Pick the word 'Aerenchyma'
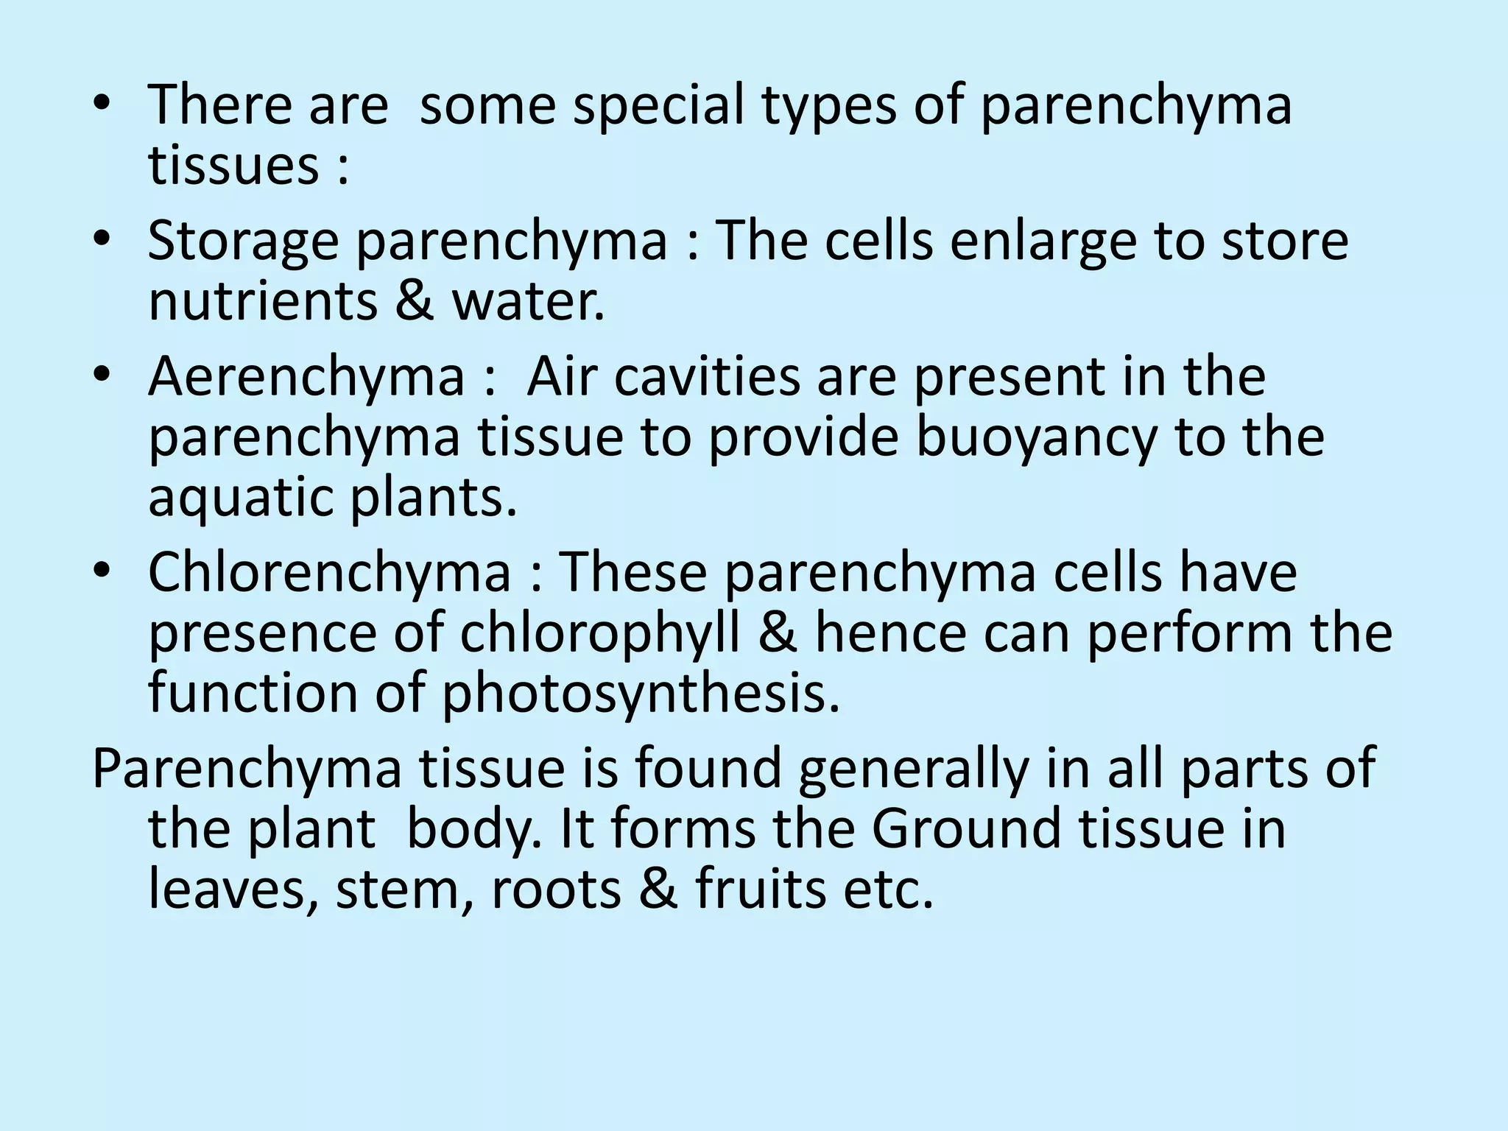pyautogui.click(x=306, y=378)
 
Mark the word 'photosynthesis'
pyautogui.click(x=640, y=695)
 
